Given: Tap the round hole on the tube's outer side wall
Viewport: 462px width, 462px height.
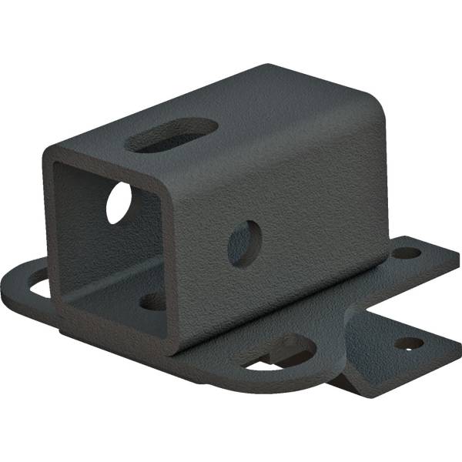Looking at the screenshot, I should (x=244, y=243).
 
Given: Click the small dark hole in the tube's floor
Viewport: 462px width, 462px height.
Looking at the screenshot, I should (x=152, y=301).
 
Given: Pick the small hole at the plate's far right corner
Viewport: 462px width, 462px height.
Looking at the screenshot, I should (x=405, y=252).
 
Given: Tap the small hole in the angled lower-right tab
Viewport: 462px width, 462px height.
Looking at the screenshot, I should (x=409, y=343).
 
